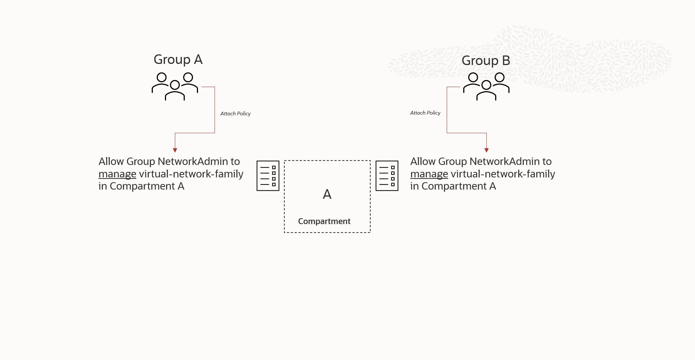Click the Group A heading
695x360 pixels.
pyautogui.click(x=178, y=60)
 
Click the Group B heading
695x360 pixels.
pyautogui.click(x=486, y=61)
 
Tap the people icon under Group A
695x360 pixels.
pyautogui.click(x=175, y=86)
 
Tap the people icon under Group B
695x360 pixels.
pyautogui.click(x=486, y=86)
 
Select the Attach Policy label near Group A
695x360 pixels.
pyautogui.click(x=235, y=114)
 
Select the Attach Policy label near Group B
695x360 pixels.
pyautogui.click(x=425, y=113)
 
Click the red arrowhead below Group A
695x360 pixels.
pyautogui.click(x=175, y=150)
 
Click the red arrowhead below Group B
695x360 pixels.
pyautogui.click(x=486, y=150)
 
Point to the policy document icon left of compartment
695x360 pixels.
pyautogui.click(x=268, y=176)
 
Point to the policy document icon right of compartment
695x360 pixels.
pyautogui.click(x=387, y=176)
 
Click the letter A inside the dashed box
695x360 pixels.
pyautogui.click(x=327, y=194)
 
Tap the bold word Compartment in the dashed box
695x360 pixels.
pyautogui.click(x=324, y=221)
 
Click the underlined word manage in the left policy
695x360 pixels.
pyautogui.click(x=117, y=174)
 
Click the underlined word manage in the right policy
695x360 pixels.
pyautogui.click(x=429, y=174)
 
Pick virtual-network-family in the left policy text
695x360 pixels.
pyautogui.click(x=191, y=174)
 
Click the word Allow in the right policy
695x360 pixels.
pyautogui.click(x=423, y=162)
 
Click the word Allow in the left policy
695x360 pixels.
pyautogui.click(x=111, y=162)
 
